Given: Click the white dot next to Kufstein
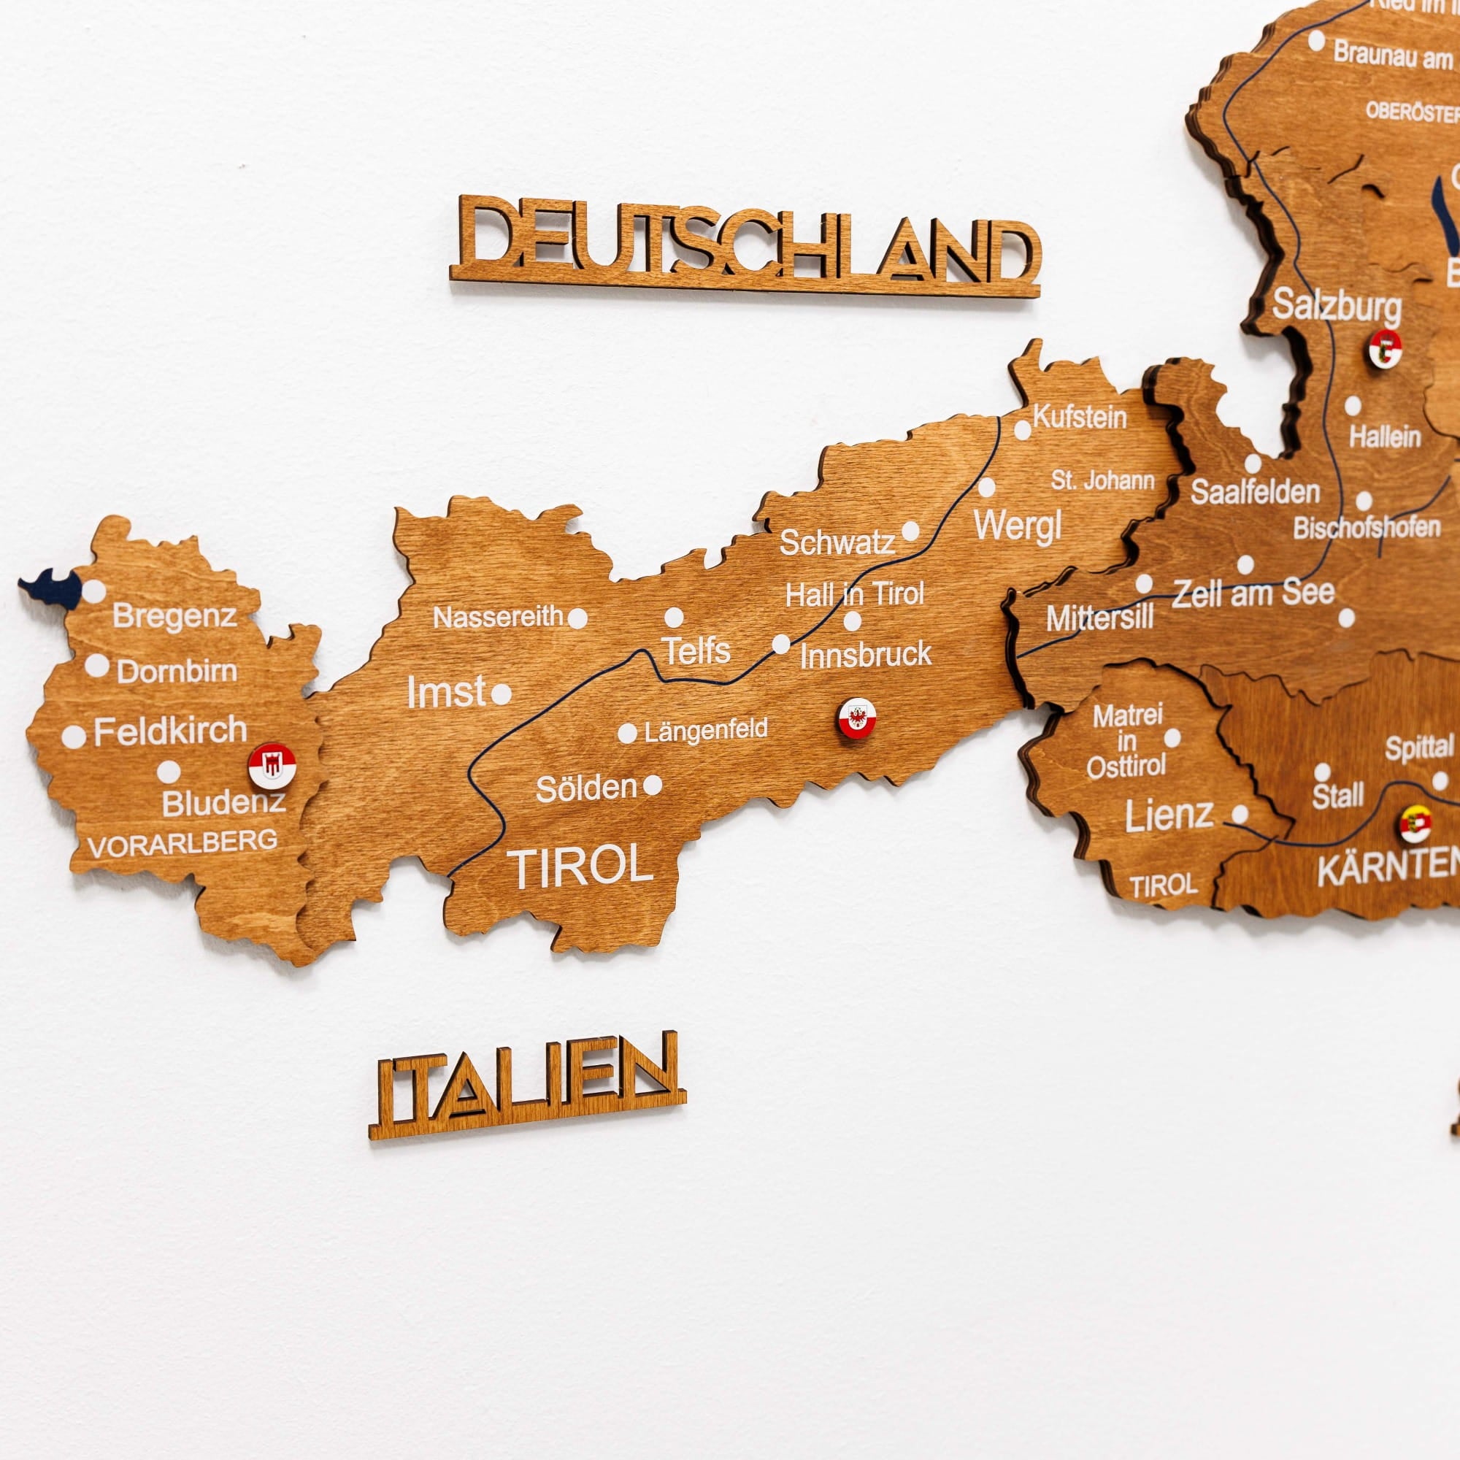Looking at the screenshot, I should pyautogui.click(x=1023, y=430).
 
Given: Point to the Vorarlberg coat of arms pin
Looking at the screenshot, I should pyautogui.click(x=272, y=766).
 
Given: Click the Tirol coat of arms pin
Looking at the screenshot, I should pyautogui.click(x=856, y=718).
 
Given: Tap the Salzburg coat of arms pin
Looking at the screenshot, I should pyautogui.click(x=1386, y=348).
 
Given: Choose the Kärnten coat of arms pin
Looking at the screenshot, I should pyautogui.click(x=1415, y=823).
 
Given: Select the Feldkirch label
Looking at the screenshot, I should pyautogui.click(x=170, y=731).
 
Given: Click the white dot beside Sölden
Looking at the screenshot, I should pyautogui.click(x=653, y=785).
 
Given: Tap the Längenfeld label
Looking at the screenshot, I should pyautogui.click(x=706, y=730).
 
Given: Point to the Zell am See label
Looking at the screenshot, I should pyautogui.click(x=1253, y=593).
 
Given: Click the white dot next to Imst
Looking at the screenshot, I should pyautogui.click(x=501, y=693).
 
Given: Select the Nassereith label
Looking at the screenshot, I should pyautogui.click(x=497, y=618).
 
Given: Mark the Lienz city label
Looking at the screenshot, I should pyautogui.click(x=1168, y=816).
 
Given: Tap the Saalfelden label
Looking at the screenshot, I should pyautogui.click(x=1255, y=492).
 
